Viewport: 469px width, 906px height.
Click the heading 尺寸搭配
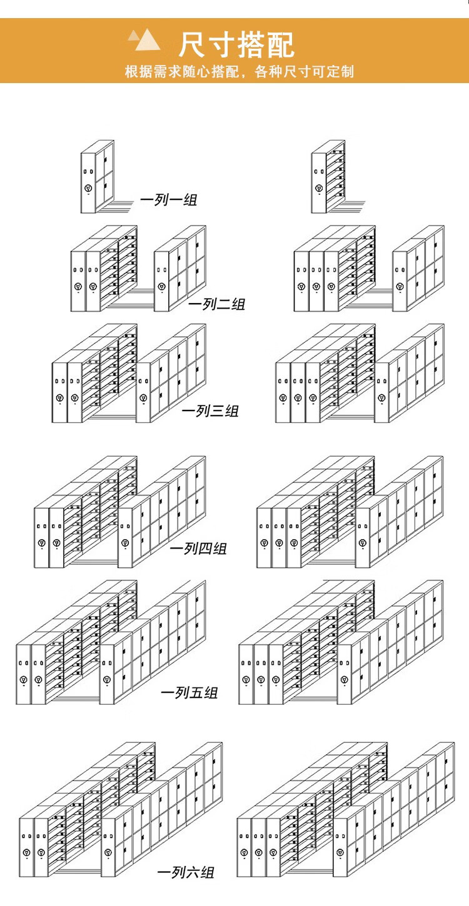tap(237, 45)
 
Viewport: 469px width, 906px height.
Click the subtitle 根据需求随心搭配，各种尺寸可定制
tap(239, 72)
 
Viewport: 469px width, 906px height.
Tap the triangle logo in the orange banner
tap(144, 39)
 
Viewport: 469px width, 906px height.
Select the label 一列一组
tap(169, 199)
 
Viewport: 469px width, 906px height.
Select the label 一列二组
tap(216, 304)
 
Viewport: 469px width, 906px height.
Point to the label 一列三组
tap(210, 411)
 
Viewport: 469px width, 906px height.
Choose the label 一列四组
tap(198, 549)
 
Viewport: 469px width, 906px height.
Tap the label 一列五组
tap(189, 692)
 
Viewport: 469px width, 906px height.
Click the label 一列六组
tap(186, 872)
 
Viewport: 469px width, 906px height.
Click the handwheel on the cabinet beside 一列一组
tap(88, 188)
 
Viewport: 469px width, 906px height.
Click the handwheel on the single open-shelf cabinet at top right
tap(318, 188)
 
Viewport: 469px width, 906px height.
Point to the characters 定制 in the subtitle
tap(340, 72)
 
